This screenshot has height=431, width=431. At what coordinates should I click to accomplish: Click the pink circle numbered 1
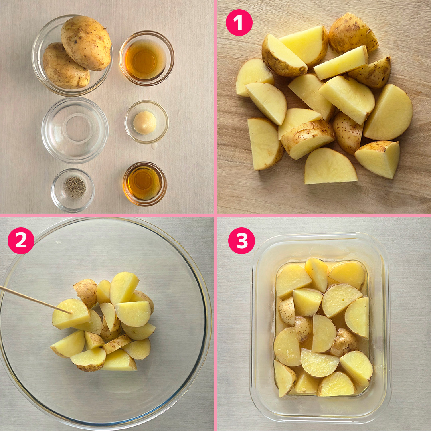click(239, 22)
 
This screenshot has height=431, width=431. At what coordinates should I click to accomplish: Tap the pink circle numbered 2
click(21, 241)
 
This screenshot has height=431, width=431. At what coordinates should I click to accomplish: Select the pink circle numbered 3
click(241, 241)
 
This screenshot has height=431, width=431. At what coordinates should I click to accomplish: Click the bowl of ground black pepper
click(73, 190)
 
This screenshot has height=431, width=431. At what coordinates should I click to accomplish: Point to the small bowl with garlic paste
click(146, 122)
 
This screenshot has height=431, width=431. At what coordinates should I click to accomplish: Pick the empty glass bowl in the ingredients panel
click(75, 130)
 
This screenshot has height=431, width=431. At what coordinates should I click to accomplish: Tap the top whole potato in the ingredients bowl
click(86, 43)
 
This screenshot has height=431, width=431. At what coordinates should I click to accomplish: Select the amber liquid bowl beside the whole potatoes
click(146, 58)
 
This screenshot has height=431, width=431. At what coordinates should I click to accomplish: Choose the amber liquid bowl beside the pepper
click(144, 184)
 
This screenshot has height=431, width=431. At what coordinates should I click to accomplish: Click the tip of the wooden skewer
click(72, 313)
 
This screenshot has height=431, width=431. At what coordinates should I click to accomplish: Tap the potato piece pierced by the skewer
click(71, 314)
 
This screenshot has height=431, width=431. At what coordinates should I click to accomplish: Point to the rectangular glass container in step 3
click(320, 328)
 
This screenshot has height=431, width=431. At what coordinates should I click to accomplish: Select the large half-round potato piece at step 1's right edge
click(388, 112)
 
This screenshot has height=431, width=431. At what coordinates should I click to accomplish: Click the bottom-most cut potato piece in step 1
click(330, 166)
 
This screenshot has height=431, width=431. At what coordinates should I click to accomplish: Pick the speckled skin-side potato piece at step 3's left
click(287, 311)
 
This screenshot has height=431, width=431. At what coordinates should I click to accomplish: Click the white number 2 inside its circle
click(21, 241)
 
